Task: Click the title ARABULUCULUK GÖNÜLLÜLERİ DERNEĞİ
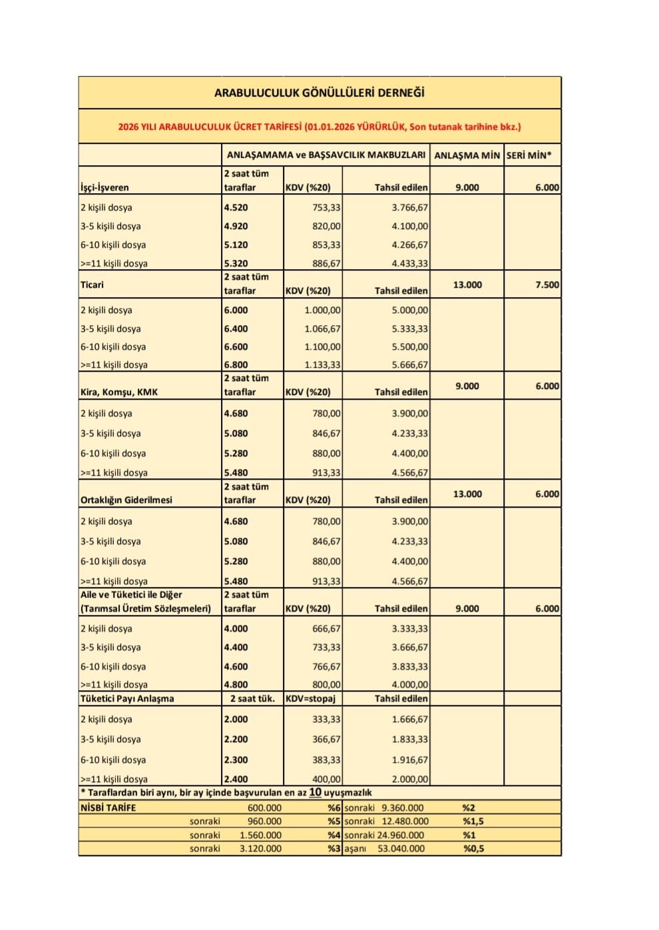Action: pyautogui.click(x=319, y=93)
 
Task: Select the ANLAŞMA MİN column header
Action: pyautogui.click(x=467, y=155)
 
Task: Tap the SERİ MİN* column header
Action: pyautogui.click(x=529, y=155)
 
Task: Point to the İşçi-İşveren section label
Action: pyautogui.click(x=105, y=188)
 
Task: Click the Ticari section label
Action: pyautogui.click(x=92, y=284)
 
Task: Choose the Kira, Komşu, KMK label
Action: pyautogui.click(x=119, y=392)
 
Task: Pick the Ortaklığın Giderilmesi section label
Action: pyautogui.click(x=126, y=500)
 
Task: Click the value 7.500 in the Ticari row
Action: pyautogui.click(x=547, y=284)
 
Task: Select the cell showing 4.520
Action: pyautogui.click(x=236, y=208)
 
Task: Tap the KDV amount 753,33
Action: pyautogui.click(x=326, y=208)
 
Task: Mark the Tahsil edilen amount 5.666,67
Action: pyautogui.click(x=409, y=365)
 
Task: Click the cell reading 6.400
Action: pyautogui.click(x=236, y=329)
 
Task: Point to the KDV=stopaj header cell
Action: pyautogui.click(x=310, y=699)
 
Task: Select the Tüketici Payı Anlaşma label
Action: pyautogui.click(x=127, y=699)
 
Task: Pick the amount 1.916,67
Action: pyautogui.click(x=409, y=760)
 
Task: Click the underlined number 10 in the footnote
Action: pyautogui.click(x=315, y=793)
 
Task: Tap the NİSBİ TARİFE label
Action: pyautogui.click(x=108, y=808)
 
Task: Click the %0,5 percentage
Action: pyautogui.click(x=473, y=849)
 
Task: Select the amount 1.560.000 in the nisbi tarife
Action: pyautogui.click(x=260, y=835)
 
